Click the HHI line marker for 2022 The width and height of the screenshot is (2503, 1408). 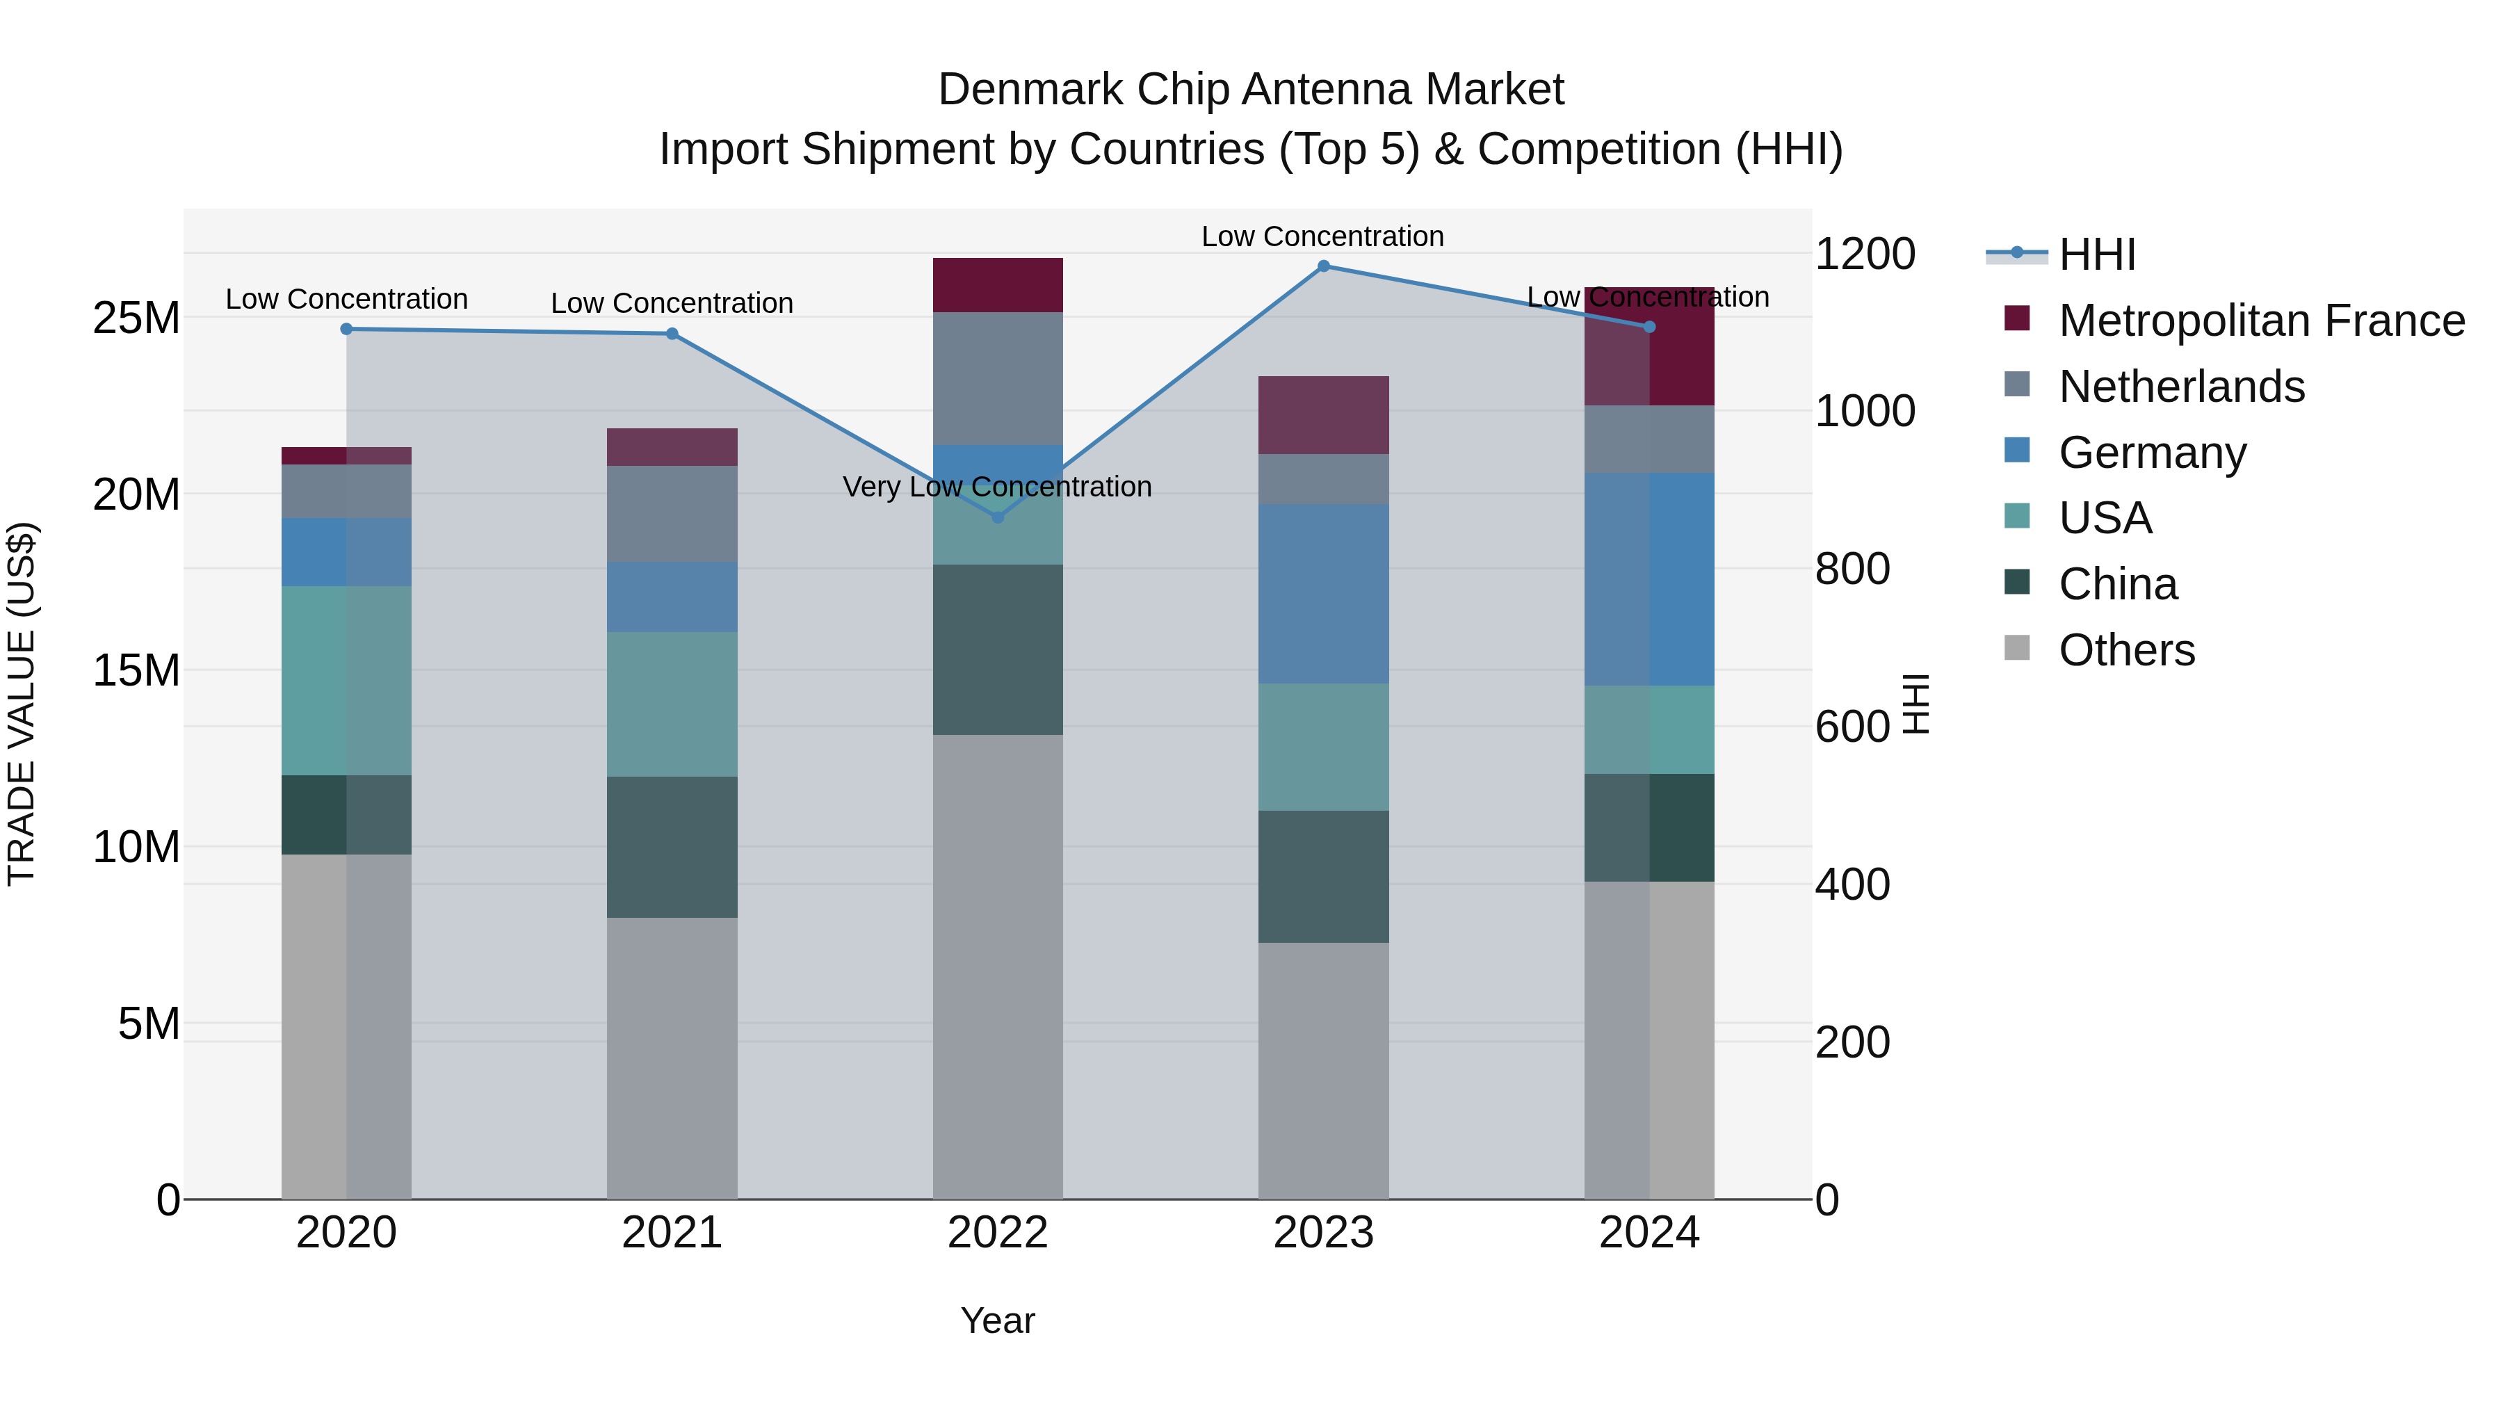tap(997, 517)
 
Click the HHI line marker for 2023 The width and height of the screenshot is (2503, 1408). tap(1323, 266)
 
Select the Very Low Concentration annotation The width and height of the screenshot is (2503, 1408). tap(997, 486)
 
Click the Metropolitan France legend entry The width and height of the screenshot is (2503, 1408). tap(2261, 321)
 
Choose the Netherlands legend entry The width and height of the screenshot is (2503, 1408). tap(2181, 387)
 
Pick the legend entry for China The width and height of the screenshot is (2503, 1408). tap(2119, 584)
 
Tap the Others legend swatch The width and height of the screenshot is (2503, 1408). tap(2017, 648)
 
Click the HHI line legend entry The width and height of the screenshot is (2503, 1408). tap(2097, 254)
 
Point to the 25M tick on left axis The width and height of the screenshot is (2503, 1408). tap(136, 318)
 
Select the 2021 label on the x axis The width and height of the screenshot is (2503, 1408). tap(672, 1233)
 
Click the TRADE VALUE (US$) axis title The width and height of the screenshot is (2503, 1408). tap(22, 704)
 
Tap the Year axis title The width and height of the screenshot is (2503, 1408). tap(997, 1320)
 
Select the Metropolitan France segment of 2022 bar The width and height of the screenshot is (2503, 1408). tap(997, 284)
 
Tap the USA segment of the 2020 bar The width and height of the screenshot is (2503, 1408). tap(346, 680)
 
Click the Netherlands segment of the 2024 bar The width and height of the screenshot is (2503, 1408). tap(1649, 439)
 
